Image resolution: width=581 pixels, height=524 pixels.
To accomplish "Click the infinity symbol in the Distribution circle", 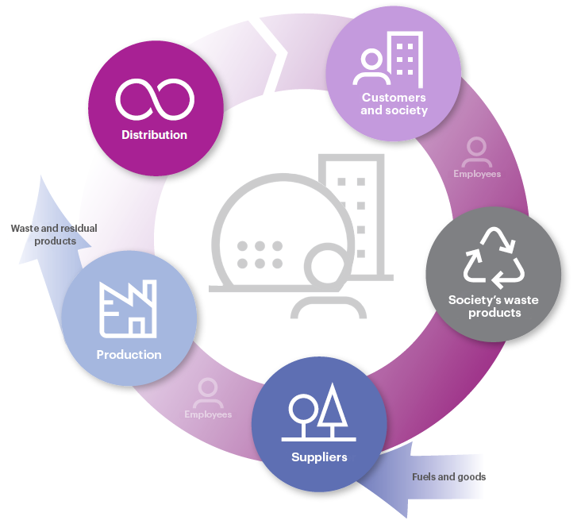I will (155, 98).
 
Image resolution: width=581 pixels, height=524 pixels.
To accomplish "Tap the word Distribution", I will (155, 135).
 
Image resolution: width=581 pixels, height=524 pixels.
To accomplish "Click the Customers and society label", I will (394, 104).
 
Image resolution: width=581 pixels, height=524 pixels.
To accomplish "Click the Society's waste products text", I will (494, 306).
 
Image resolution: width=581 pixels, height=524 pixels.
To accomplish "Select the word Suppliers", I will (319, 457).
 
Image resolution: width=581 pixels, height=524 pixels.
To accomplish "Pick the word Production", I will (129, 355).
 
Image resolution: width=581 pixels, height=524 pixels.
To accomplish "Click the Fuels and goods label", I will (448, 477).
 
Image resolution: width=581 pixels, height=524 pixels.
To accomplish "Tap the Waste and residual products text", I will (54, 234).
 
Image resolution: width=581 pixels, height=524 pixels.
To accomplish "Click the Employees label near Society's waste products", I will (477, 173).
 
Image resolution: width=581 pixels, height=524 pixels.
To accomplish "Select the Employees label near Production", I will (208, 414).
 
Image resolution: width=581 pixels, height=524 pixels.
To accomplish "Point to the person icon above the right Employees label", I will (477, 151).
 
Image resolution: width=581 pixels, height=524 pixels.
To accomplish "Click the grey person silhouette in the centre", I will (326, 286).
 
